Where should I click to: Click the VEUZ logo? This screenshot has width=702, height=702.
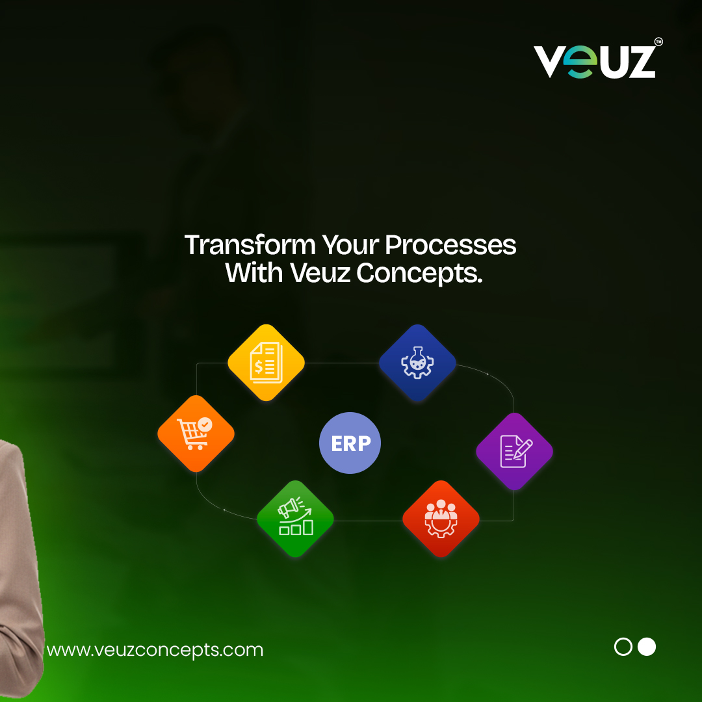coord(594,62)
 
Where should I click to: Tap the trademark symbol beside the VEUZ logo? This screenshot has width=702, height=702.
coord(658,42)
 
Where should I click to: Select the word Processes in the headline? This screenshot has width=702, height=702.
coord(450,245)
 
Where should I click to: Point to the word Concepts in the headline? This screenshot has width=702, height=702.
coord(419,274)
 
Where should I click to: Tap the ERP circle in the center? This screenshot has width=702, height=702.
coord(350,443)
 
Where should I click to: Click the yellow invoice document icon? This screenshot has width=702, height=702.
coord(266,362)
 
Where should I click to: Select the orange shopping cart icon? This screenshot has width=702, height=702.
coord(196,434)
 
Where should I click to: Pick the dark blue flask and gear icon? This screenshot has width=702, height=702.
coord(417,363)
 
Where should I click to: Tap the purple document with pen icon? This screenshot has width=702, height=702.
coord(514,451)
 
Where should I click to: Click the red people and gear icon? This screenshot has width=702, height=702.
coord(441,519)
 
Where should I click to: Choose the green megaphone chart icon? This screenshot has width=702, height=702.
coord(295,519)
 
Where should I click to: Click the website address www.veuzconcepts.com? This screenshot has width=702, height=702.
coord(155,649)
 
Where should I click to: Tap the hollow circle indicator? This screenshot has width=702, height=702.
coord(623,647)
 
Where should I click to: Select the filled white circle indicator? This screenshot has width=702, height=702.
coord(647,647)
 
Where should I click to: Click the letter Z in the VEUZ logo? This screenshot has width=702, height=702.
coord(638,62)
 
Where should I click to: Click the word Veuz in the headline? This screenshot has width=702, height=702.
coord(320,274)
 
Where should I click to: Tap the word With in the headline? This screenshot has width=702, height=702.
coord(253,274)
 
